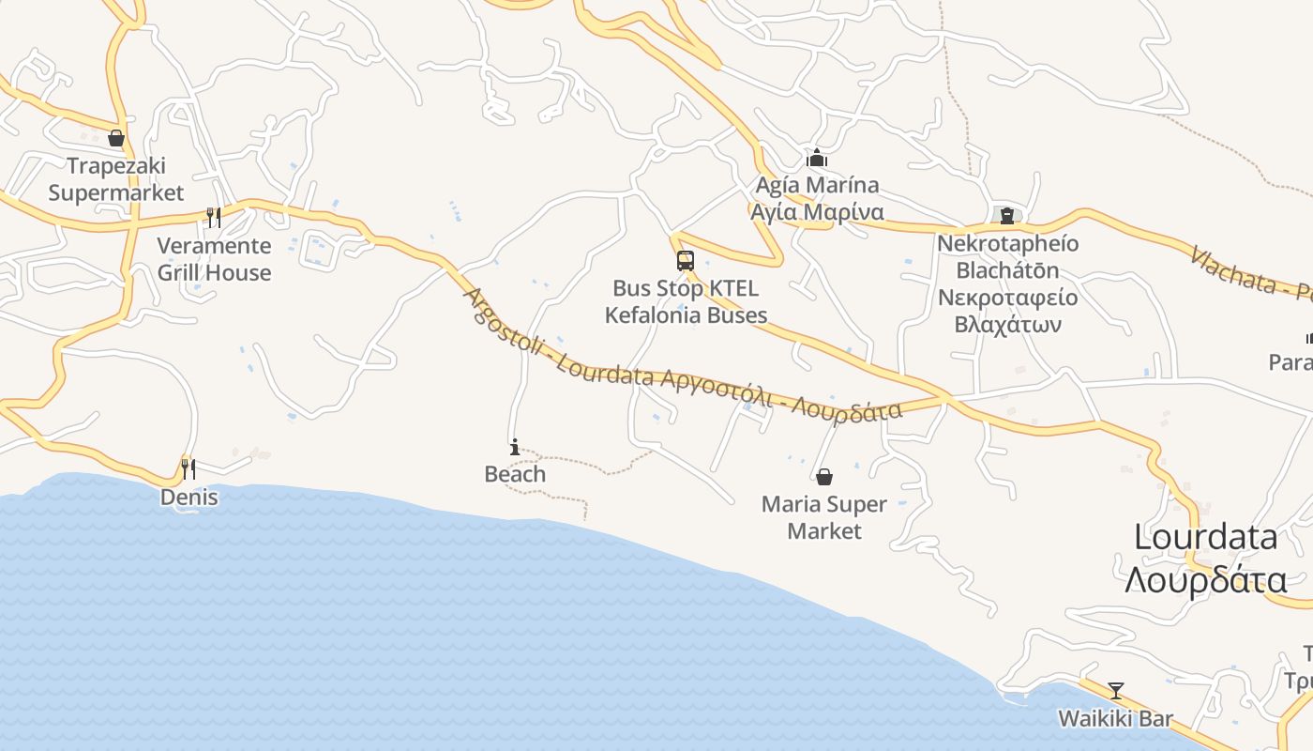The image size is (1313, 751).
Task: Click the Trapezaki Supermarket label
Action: pyautogui.click(x=116, y=179)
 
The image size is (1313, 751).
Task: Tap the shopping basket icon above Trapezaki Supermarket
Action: pyautogui.click(x=116, y=139)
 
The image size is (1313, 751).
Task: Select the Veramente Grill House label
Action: pyautogui.click(x=214, y=259)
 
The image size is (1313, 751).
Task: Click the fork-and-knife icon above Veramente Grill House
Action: pyautogui.click(x=214, y=218)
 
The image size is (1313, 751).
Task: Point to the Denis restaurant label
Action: pyautogui.click(x=189, y=498)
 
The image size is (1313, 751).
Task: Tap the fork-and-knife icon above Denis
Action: pyautogui.click(x=189, y=467)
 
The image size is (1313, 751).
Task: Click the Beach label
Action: pyautogui.click(x=515, y=474)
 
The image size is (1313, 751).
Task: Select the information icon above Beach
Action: pyautogui.click(x=515, y=447)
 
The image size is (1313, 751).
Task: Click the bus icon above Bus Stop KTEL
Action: pyautogui.click(x=686, y=261)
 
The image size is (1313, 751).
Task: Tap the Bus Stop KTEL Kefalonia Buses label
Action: pyautogui.click(x=686, y=301)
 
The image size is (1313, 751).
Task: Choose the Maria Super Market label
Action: pyautogui.click(x=824, y=517)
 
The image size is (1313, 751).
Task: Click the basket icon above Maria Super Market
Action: pyautogui.click(x=824, y=477)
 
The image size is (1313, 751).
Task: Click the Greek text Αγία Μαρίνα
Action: pyautogui.click(x=817, y=211)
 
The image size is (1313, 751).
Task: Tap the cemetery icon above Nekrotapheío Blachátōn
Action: pyautogui.click(x=1007, y=216)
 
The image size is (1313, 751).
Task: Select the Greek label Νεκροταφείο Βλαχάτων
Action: pyautogui.click(x=1007, y=312)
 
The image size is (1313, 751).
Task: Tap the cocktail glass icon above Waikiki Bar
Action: pyautogui.click(x=1116, y=691)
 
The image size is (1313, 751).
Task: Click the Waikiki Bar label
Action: pyautogui.click(x=1116, y=719)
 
